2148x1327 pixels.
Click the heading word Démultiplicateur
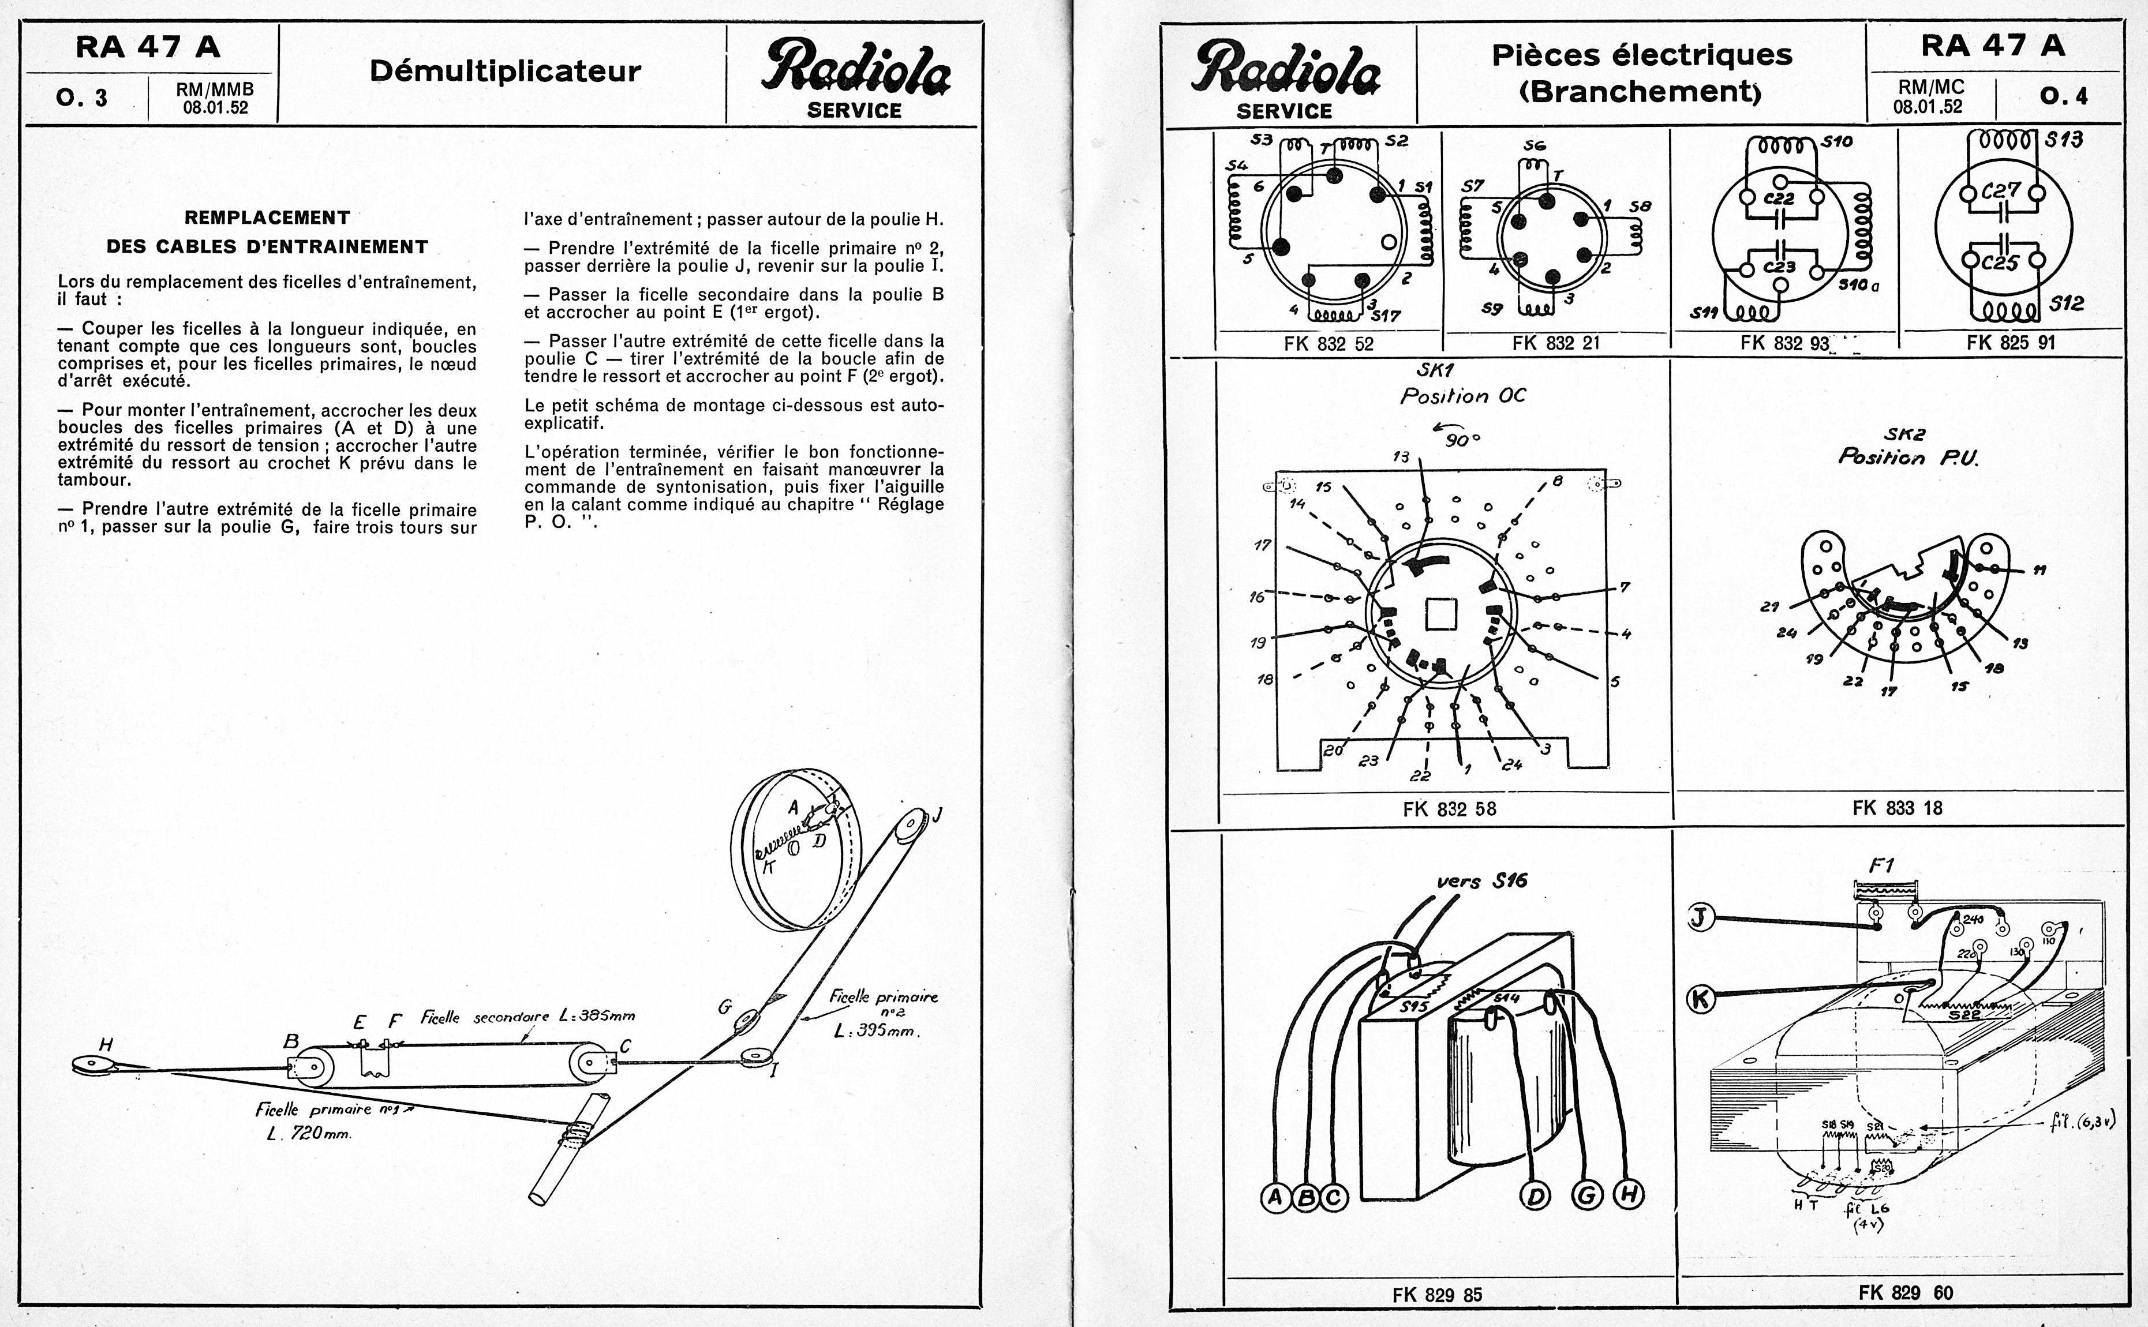505,71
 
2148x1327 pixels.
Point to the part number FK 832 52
1328,344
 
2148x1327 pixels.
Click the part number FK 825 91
2010,342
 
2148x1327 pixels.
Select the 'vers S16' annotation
1481,881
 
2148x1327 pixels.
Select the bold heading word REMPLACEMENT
267,218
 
